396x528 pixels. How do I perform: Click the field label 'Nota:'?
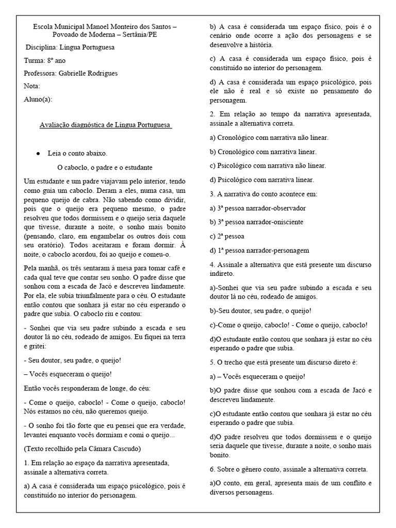click(32, 86)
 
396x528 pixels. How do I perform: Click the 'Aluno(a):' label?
click(38, 99)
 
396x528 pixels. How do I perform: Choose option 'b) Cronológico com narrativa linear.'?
click(263, 152)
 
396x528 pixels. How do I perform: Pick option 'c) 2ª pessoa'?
click(227, 236)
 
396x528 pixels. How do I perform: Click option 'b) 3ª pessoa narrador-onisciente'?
click(256, 222)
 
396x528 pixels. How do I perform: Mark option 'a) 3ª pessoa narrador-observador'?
click(257, 208)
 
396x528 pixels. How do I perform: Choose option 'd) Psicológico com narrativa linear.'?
click(261, 180)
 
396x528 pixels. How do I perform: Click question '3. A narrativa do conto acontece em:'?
click(263, 194)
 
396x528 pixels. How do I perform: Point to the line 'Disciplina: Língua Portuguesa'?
click(71, 47)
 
